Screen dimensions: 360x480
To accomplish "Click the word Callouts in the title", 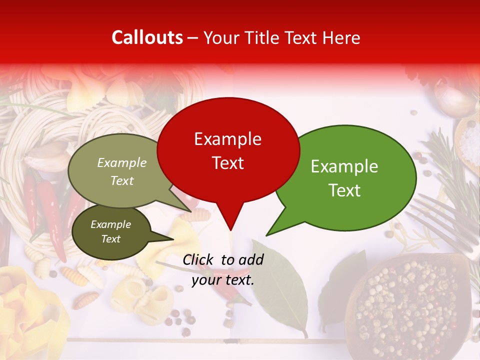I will click(147, 37).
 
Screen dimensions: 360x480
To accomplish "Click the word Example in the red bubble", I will click(228, 139).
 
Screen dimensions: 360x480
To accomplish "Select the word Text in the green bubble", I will click(345, 190).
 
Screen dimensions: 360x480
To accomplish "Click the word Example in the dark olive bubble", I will click(110, 224).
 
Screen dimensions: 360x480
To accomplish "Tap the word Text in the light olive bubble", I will click(122, 181).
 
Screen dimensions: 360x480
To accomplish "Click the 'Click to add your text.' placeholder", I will click(223, 269).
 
